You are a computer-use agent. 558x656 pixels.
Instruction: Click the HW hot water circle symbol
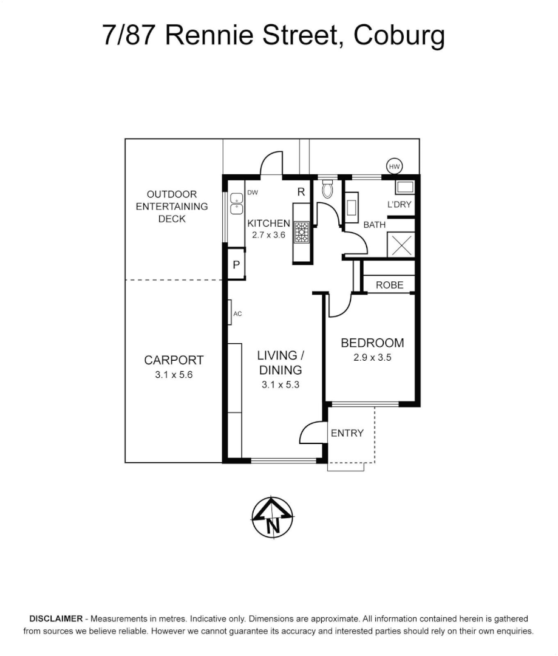[395, 166]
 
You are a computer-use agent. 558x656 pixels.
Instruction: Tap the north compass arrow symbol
[273, 518]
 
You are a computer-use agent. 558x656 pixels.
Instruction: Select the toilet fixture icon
[327, 190]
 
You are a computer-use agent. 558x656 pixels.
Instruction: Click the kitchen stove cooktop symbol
[302, 232]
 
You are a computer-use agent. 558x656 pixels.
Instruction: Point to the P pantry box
[236, 265]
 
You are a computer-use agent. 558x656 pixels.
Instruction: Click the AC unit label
[237, 314]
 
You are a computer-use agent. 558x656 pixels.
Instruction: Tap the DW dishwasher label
[253, 193]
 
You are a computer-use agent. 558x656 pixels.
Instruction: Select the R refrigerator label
[301, 192]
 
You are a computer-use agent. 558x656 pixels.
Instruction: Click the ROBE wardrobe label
[390, 284]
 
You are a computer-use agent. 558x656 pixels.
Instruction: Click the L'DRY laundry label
[399, 205]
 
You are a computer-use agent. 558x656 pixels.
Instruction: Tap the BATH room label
[374, 225]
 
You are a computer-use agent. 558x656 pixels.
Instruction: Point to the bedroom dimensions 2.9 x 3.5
[372, 358]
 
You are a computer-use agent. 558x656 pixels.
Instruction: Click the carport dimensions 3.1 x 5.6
[174, 375]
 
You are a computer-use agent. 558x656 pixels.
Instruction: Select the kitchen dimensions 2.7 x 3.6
[268, 235]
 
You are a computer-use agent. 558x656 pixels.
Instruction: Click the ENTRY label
[347, 433]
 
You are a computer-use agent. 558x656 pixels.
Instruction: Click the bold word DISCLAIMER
[56, 619]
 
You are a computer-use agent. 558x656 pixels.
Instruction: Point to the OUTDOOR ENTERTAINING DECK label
[172, 207]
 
